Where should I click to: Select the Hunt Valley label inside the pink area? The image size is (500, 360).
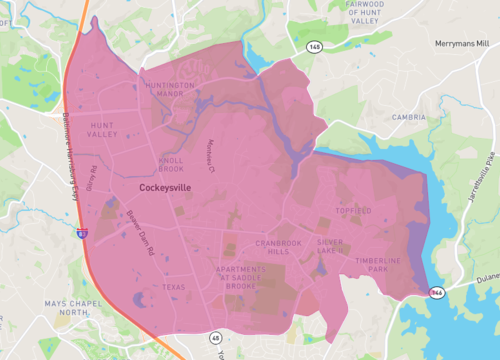tap(103, 129)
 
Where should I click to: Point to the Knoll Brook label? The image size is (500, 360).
tap(171, 164)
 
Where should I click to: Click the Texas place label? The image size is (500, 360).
tap(174, 287)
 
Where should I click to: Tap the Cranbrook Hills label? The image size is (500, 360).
tap(271, 247)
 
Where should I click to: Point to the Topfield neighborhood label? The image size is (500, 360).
tap(354, 211)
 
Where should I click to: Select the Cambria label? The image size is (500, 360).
tap(410, 116)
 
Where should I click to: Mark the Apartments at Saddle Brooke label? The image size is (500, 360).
tap(242, 277)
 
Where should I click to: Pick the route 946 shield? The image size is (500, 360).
tap(437, 292)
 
